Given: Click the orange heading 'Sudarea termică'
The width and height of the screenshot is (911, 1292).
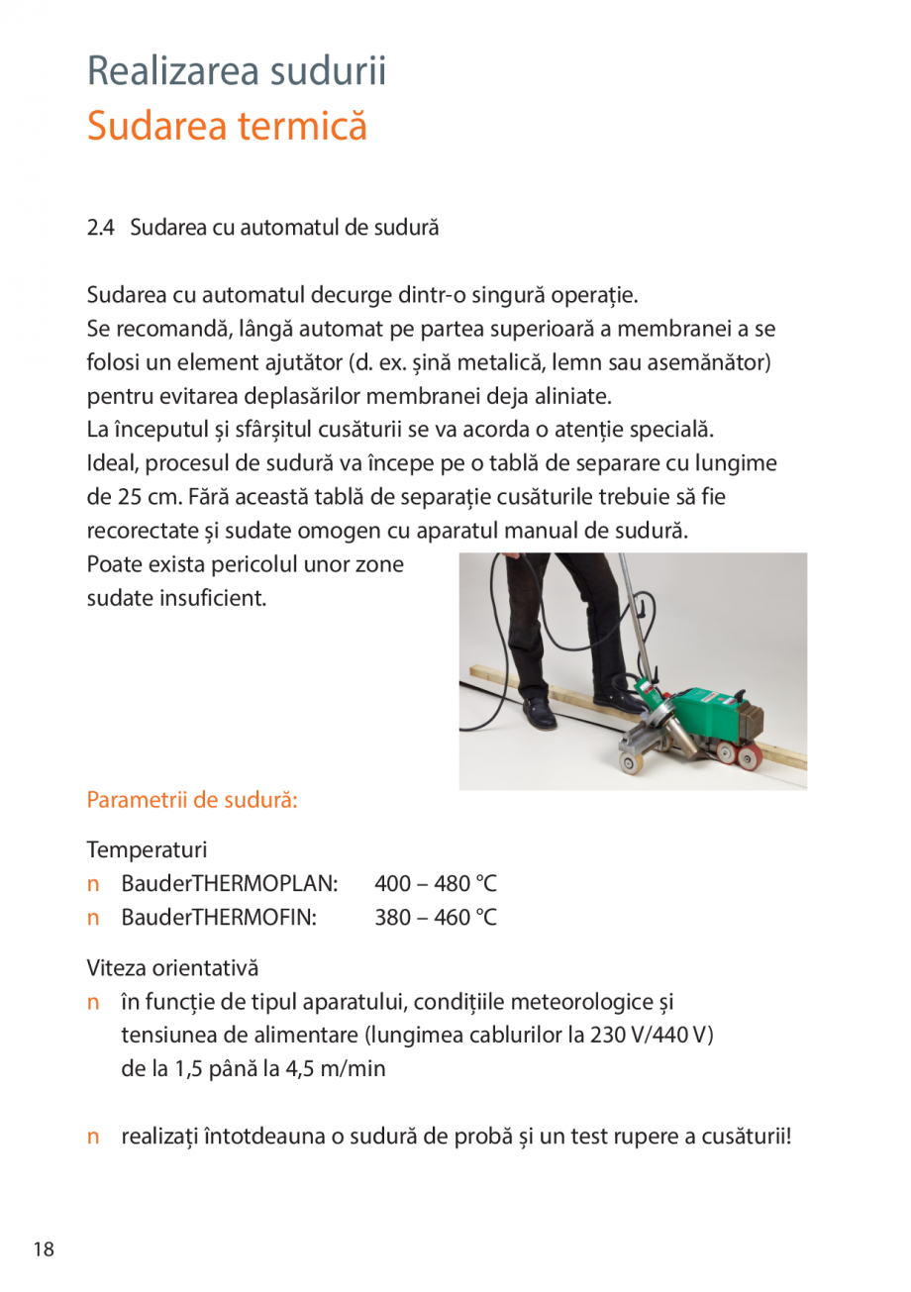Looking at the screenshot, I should [227, 127].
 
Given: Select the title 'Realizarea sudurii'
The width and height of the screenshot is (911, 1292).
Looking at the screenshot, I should [237, 71].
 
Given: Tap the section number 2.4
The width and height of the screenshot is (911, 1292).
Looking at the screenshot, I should [100, 228].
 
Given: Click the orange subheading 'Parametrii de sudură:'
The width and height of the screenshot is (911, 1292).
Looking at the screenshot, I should [193, 799].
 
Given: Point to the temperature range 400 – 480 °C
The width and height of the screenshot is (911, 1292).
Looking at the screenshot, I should [436, 882].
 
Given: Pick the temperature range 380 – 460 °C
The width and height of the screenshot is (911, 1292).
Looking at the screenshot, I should [436, 918].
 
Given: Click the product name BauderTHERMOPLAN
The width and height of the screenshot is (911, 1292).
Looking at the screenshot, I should [230, 882].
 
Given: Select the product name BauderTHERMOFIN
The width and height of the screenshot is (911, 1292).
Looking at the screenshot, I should [219, 918].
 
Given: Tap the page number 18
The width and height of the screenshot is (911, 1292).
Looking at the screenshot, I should [43, 1249].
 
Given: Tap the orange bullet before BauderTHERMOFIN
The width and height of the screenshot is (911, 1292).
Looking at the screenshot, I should [94, 918].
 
